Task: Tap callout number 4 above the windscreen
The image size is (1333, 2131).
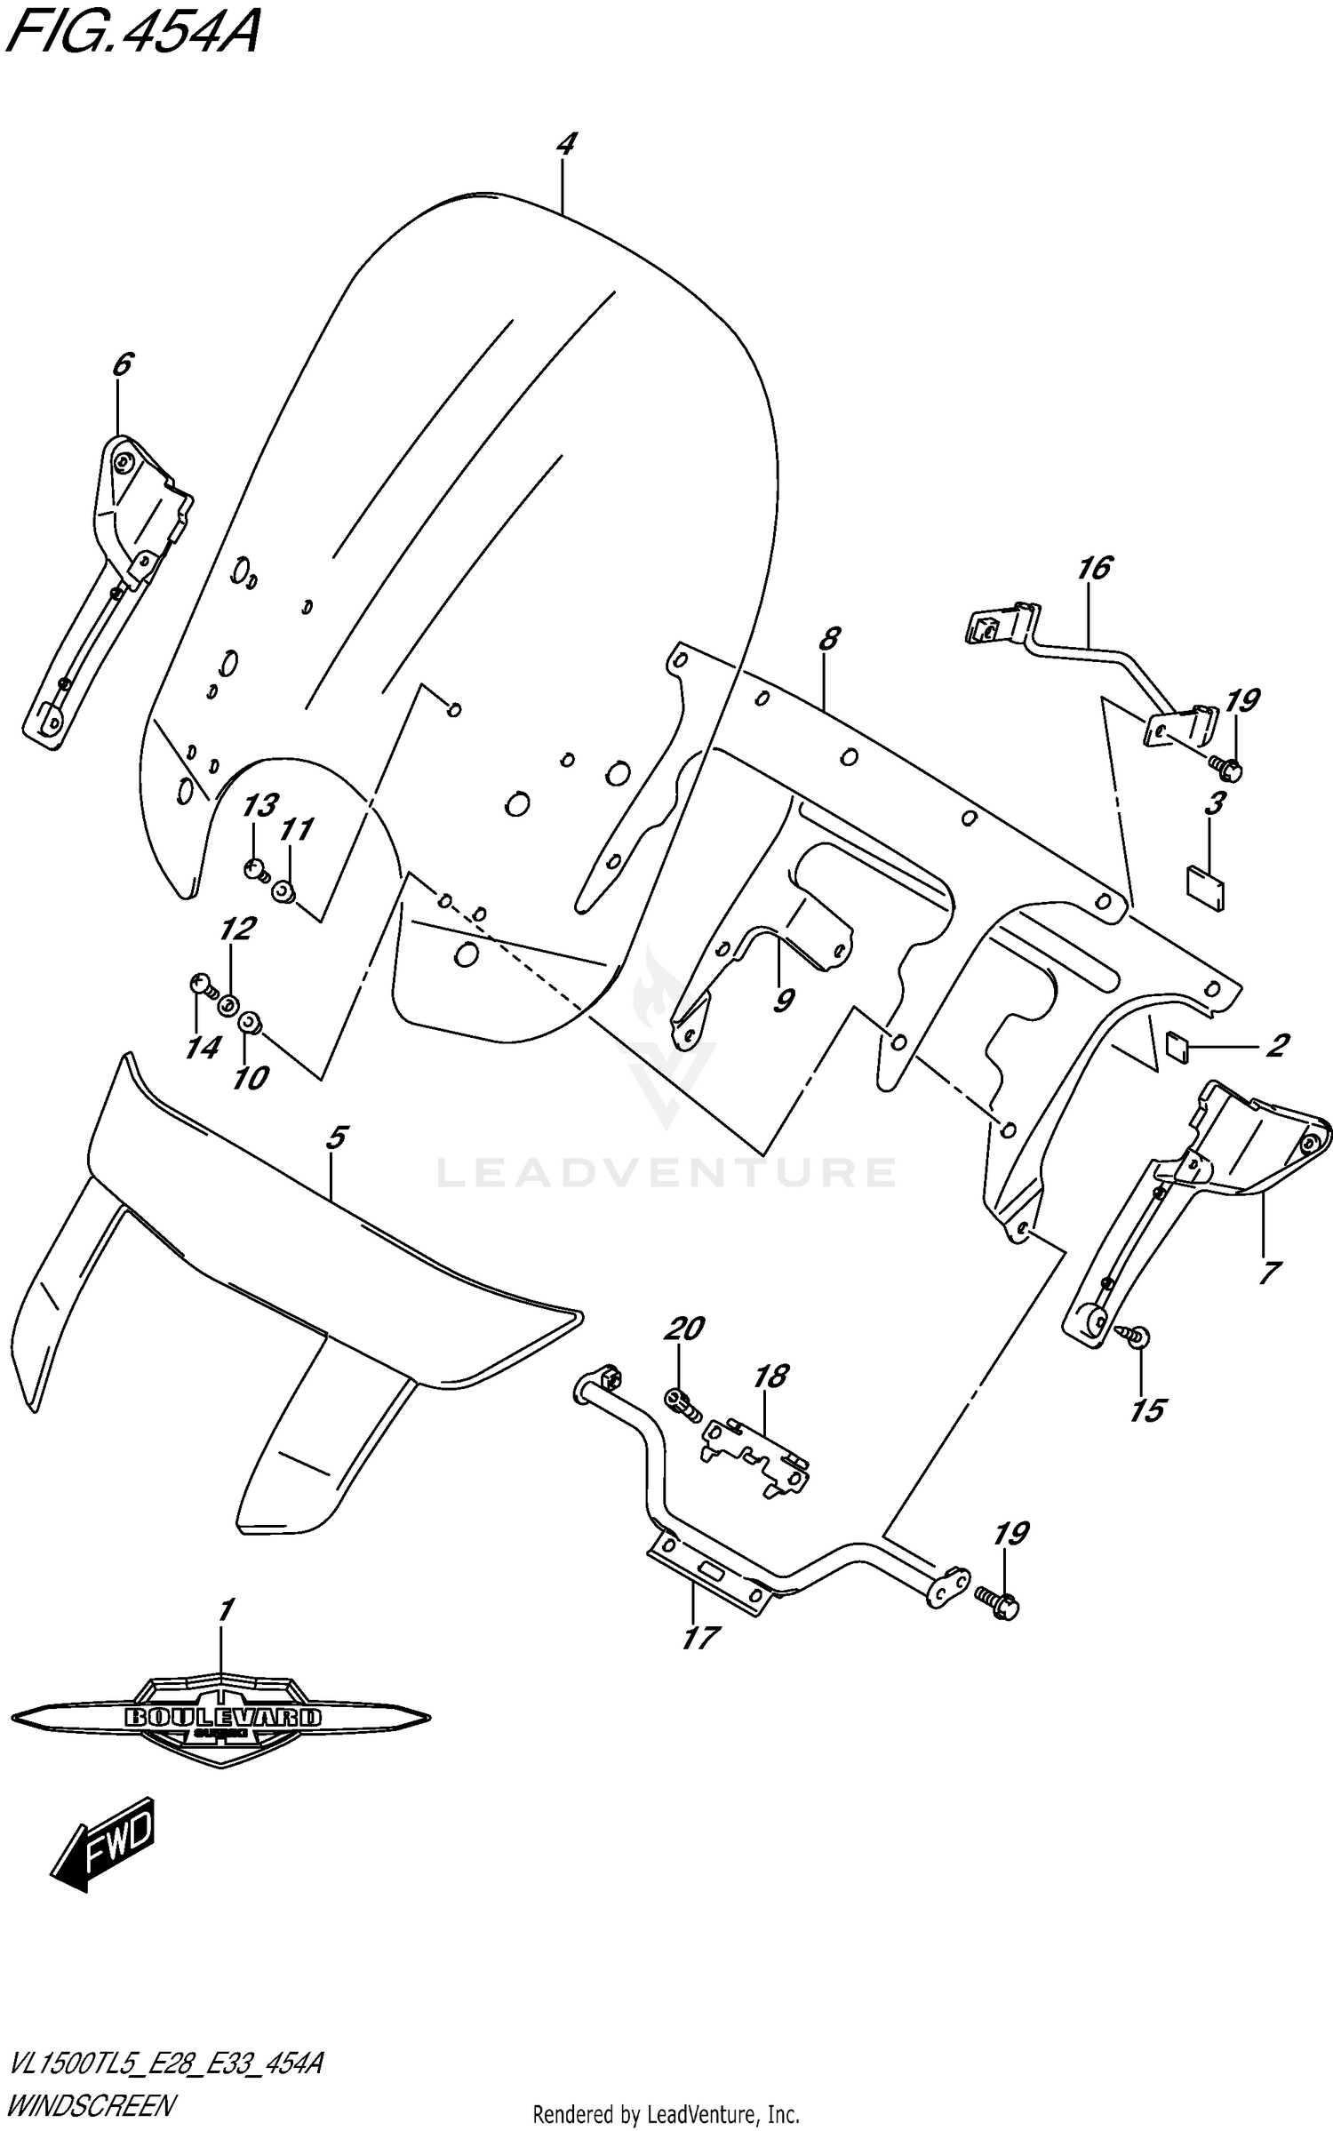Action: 566,145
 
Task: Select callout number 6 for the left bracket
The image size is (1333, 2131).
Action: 123,364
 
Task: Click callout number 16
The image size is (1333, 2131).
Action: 1095,569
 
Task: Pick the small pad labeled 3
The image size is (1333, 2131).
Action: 1205,885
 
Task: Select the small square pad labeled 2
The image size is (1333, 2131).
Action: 1177,1050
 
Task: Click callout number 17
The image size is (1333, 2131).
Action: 700,1637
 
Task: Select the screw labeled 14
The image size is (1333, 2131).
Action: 202,985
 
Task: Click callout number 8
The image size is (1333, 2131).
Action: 829,638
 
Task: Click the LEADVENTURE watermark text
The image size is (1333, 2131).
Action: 666,1172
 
